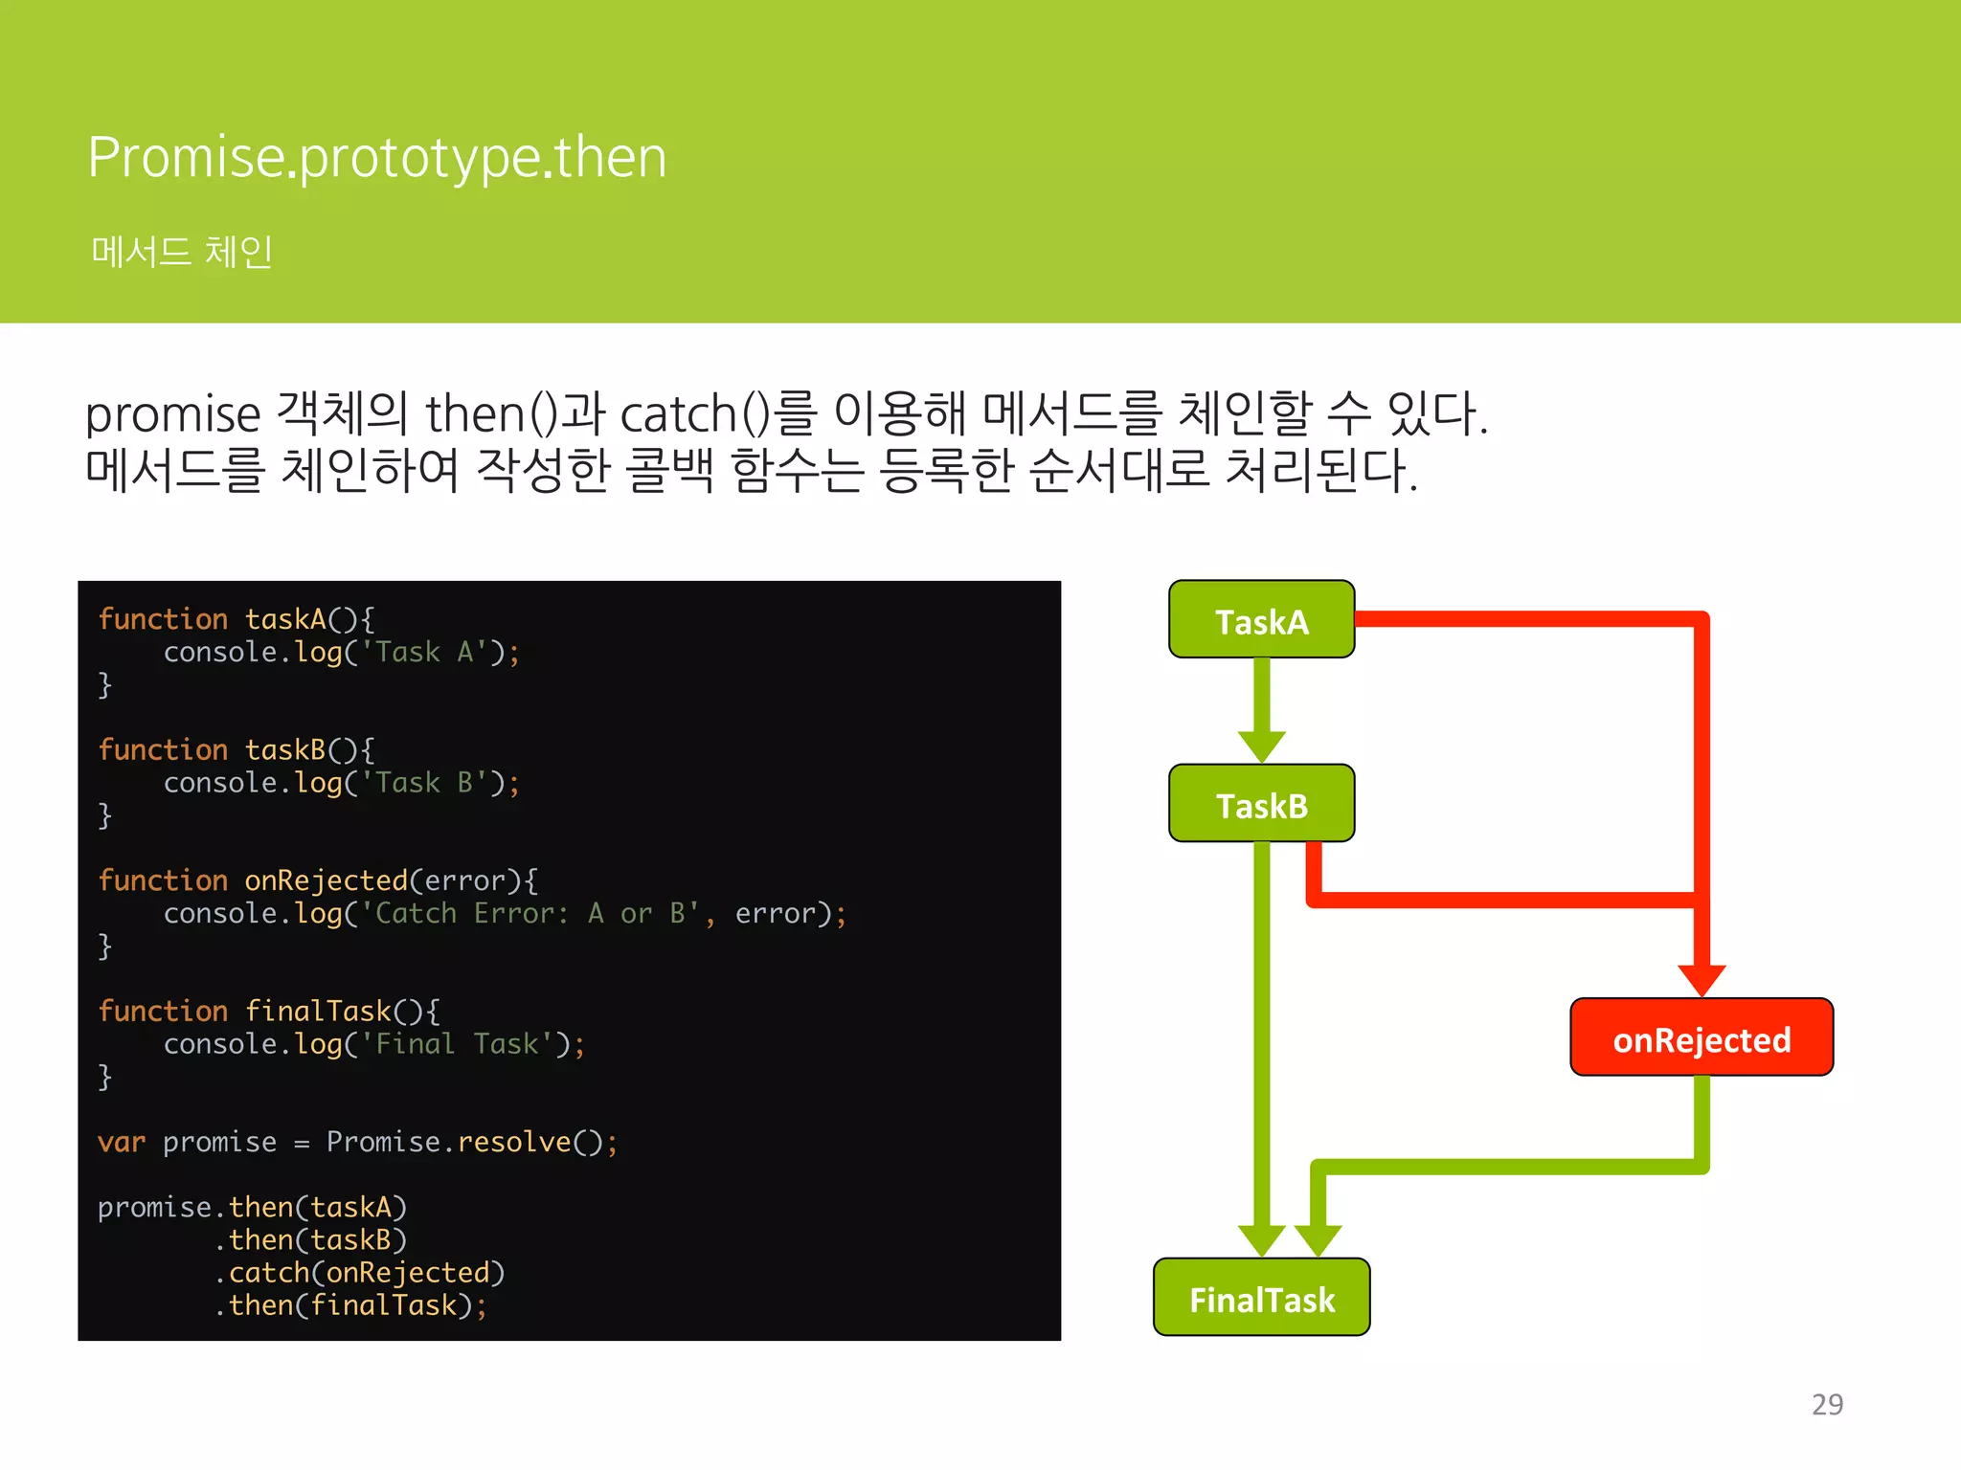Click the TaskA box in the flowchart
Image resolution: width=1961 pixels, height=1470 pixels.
coord(1261,620)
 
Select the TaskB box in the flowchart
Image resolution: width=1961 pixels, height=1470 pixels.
coord(1261,804)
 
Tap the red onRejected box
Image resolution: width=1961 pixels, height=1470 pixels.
coord(1701,1038)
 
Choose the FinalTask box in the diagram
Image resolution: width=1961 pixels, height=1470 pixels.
coord(1261,1299)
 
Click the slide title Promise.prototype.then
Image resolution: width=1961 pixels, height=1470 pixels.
coord(376,157)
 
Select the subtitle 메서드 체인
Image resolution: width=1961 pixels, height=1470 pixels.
coord(182,252)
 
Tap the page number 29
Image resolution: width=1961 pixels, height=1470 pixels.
coord(1827,1404)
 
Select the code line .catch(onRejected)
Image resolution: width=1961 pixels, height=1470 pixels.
coord(359,1273)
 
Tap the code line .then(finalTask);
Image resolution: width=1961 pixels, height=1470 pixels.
coord(350,1305)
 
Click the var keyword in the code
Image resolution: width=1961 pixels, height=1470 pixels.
coord(122,1143)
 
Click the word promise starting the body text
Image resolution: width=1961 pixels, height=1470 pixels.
coord(172,415)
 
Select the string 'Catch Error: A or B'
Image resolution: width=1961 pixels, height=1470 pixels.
coord(532,914)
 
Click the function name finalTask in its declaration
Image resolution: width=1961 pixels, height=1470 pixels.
coord(318,1012)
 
